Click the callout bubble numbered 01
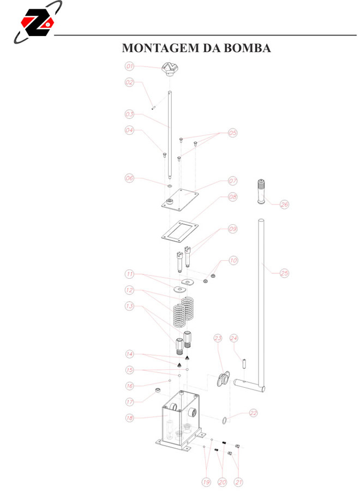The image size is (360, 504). coord(129,67)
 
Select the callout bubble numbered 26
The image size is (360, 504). coord(285,205)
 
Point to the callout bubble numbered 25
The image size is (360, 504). coord(285,273)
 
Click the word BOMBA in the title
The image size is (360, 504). coord(247,48)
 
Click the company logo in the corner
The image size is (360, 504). coord(38,22)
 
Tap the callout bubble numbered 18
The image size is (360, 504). coord(129,418)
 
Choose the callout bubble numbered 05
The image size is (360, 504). coord(233,133)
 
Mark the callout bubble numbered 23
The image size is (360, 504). coord(218,338)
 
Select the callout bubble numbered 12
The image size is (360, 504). coord(129,290)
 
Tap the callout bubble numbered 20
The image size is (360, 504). coord(222,482)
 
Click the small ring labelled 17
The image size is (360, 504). coord(158,391)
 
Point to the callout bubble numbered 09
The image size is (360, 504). coord(233,229)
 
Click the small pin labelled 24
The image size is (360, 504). coord(244,364)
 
